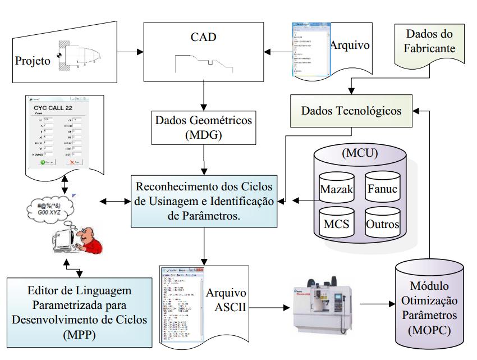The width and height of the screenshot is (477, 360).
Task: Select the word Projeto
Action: (x=33, y=58)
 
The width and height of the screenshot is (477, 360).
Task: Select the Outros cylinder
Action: (x=383, y=225)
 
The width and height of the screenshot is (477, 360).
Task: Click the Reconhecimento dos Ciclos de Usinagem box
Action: (x=203, y=199)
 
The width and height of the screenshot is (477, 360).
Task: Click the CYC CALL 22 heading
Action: (x=59, y=108)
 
